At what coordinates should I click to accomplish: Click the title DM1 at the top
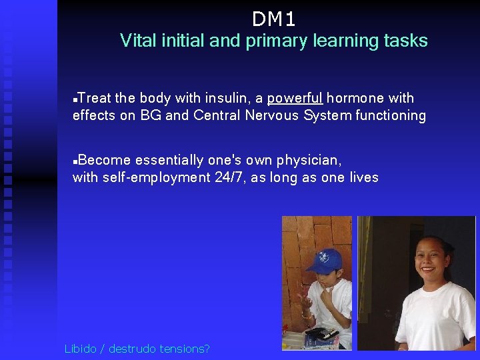(x=273, y=18)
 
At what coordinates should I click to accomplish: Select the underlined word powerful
(x=295, y=98)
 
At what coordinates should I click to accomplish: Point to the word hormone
(x=355, y=98)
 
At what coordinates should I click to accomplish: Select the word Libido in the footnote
(x=80, y=348)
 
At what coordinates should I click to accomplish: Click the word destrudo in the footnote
(x=139, y=348)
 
